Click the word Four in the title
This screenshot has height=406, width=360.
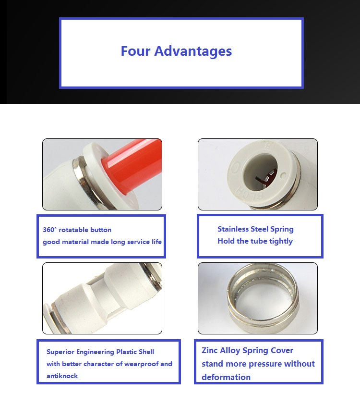click(135, 51)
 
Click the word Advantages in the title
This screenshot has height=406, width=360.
click(193, 51)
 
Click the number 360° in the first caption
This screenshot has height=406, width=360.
click(49, 230)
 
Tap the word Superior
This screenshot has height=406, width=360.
click(60, 352)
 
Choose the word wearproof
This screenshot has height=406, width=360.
click(141, 364)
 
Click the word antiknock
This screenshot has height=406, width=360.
click(62, 376)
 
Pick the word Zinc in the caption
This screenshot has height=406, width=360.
click(209, 350)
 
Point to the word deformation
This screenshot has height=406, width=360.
click(226, 377)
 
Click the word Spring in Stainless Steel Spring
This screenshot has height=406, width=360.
click(282, 229)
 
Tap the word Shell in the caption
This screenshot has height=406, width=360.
click(146, 352)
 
